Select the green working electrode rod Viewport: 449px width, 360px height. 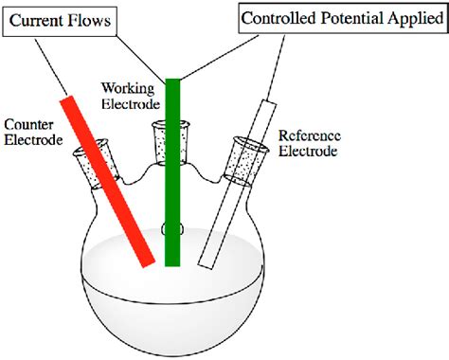click(x=172, y=171)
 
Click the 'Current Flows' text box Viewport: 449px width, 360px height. click(x=59, y=18)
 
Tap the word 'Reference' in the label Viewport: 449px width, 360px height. click(x=312, y=135)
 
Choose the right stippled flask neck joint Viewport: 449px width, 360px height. click(x=249, y=156)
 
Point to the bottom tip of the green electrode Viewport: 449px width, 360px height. click(x=172, y=262)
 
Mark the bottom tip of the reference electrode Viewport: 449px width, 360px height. click(x=204, y=262)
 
